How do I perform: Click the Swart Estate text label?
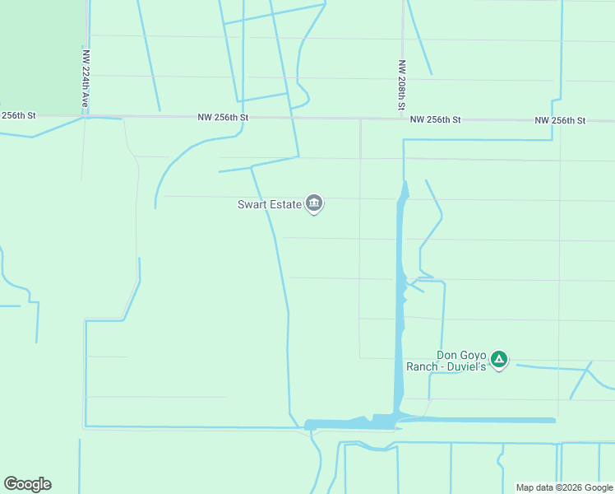tap(269, 204)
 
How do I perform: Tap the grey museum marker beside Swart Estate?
tap(313, 203)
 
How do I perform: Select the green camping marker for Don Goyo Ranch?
tap(498, 359)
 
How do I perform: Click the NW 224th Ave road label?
tap(85, 79)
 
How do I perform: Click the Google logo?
tap(27, 484)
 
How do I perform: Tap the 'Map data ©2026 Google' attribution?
tap(565, 487)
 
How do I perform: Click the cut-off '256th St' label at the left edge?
tap(18, 116)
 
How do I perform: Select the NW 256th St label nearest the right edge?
tap(560, 120)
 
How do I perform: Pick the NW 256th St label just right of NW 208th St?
tap(436, 120)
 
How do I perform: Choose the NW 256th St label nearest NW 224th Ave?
tap(223, 118)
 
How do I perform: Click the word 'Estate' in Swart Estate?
tap(284, 204)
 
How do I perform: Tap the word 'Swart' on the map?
tap(252, 204)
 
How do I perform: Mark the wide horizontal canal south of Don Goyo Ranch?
tap(477, 420)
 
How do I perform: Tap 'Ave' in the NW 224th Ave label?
tap(85, 100)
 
